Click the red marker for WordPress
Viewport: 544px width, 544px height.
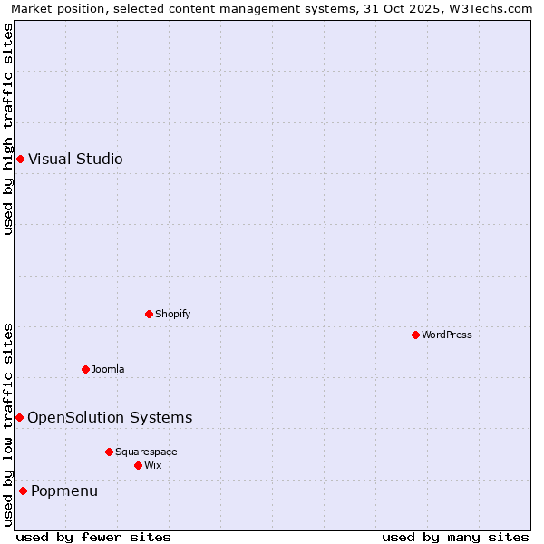pyautogui.click(x=415, y=335)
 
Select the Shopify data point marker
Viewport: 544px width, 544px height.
pyautogui.click(x=149, y=314)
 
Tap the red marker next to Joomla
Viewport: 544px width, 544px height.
pyautogui.click(x=85, y=369)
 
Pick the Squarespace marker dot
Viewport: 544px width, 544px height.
pyautogui.click(x=109, y=452)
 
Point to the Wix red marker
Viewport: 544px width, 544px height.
pyautogui.click(x=138, y=465)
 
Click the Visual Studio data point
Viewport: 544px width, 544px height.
pyautogui.click(x=20, y=160)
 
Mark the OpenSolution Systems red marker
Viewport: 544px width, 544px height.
pyautogui.click(x=19, y=417)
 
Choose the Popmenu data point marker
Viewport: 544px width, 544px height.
pyautogui.click(x=23, y=491)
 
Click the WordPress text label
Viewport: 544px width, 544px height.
pyautogui.click(x=447, y=335)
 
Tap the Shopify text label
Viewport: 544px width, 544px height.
pyautogui.click(x=173, y=314)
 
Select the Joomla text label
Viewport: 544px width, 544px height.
pyautogui.click(x=108, y=369)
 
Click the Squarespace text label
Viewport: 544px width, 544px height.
pyautogui.click(x=146, y=452)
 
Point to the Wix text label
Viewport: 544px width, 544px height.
pyautogui.click(x=153, y=465)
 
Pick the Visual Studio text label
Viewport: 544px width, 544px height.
pyautogui.click(x=75, y=160)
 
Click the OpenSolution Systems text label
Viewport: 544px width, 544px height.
pyautogui.click(x=110, y=417)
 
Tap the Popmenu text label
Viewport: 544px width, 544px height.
pyautogui.click(x=64, y=491)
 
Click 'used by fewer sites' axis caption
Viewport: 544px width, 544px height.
pyautogui.click(x=93, y=537)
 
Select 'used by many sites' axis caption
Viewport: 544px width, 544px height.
pyautogui.click(x=455, y=537)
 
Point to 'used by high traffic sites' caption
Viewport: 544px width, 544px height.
pyautogui.click(x=8, y=130)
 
